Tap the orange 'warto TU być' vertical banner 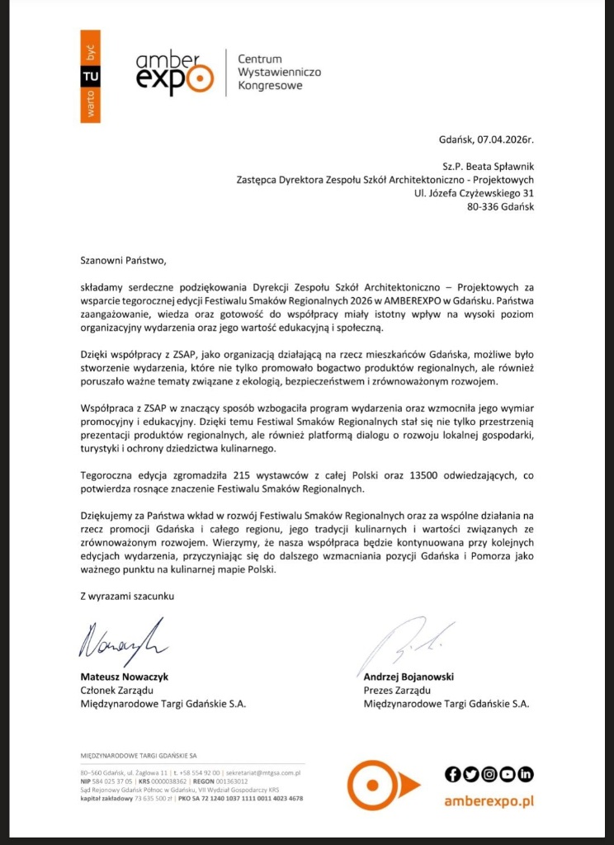pos(90,77)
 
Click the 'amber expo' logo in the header pos(172,73)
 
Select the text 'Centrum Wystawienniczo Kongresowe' pos(279,73)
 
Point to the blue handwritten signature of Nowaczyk pos(122,640)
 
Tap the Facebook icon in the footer pos(451,773)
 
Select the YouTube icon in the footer pos(508,773)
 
